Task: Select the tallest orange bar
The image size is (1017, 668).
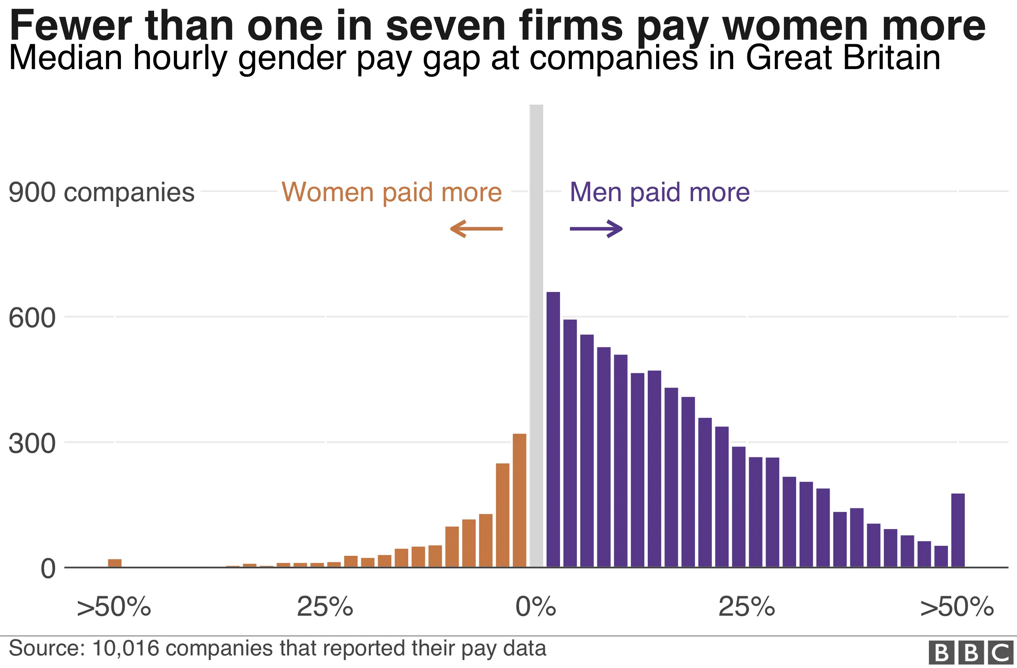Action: [x=519, y=500]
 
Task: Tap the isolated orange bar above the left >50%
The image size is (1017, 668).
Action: [x=114, y=563]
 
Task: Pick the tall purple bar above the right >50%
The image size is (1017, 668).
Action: [x=957, y=530]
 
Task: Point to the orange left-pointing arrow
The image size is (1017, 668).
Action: [x=476, y=229]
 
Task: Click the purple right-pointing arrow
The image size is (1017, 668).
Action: [x=596, y=229]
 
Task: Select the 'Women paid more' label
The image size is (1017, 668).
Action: [x=391, y=192]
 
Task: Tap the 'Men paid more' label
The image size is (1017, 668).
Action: [x=659, y=192]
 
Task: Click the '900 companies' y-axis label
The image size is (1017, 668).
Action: [x=101, y=192]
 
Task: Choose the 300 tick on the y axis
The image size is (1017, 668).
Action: [x=32, y=444]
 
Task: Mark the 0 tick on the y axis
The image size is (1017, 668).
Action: [x=48, y=569]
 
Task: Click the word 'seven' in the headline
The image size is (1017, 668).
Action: [x=446, y=26]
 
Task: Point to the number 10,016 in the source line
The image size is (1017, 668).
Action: [x=126, y=648]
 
